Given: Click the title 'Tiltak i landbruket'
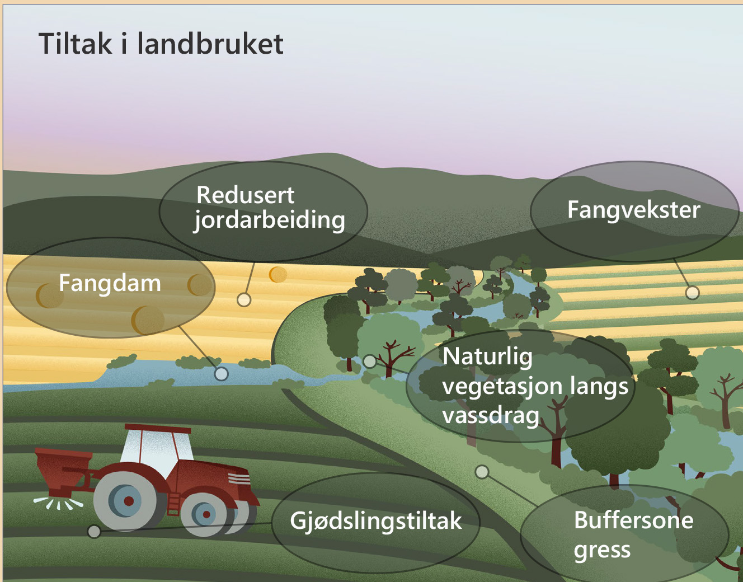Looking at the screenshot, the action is (x=161, y=44).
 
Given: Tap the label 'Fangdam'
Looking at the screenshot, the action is (x=110, y=283).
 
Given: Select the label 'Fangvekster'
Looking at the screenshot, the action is (x=633, y=210).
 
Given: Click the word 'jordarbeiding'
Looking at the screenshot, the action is (x=270, y=220).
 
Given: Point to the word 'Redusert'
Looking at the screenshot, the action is (x=245, y=195).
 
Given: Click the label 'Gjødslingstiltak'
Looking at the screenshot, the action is (x=376, y=522).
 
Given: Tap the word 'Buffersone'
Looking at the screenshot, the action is (x=633, y=520).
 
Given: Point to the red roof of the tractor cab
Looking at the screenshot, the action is (x=158, y=428).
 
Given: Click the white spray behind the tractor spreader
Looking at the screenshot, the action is (x=58, y=503).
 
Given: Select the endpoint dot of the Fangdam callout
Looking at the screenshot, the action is (x=221, y=374).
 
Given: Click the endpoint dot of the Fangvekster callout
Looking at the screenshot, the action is (x=693, y=293).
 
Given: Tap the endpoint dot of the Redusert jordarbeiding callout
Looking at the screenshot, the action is (x=244, y=300).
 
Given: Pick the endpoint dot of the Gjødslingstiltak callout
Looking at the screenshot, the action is (x=94, y=532).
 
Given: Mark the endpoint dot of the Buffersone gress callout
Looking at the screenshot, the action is (x=482, y=472).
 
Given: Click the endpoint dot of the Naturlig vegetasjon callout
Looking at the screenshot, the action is (x=369, y=362).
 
